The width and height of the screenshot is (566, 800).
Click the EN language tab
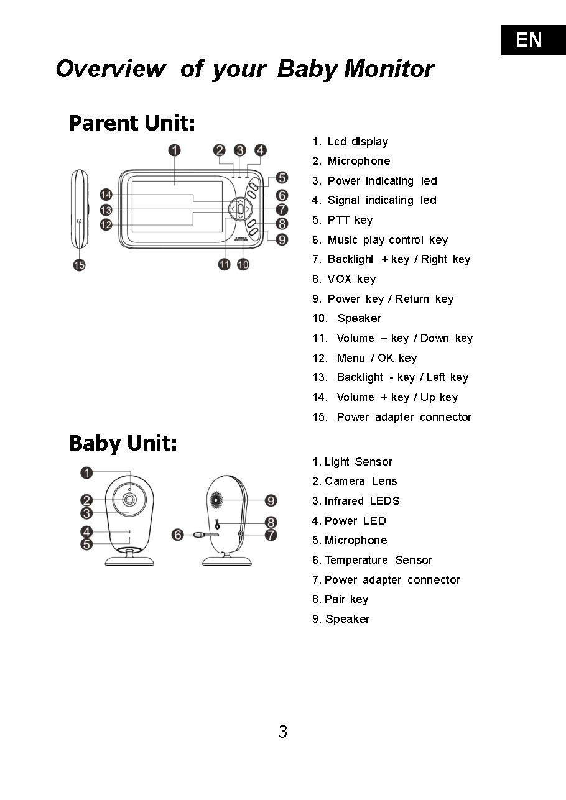529,40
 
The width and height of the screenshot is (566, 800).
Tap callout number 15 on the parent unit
80,265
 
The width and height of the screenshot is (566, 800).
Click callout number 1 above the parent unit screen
175,150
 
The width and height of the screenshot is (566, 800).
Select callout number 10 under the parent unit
243,264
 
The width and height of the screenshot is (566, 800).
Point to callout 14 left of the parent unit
106,195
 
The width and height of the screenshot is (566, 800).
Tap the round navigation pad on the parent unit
240,209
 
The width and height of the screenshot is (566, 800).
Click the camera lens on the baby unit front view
129,500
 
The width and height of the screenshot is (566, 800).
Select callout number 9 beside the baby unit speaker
271,500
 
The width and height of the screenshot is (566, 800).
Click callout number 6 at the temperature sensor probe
179,535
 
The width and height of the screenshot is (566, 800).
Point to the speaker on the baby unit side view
217,499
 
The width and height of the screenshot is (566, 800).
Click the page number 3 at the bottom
283,732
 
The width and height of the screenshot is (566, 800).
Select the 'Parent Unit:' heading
132,122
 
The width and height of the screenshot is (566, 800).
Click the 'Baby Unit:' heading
123,443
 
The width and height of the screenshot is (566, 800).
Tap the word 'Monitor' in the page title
389,68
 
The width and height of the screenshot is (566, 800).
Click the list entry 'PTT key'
350,220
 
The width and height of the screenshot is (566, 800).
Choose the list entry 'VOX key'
351,279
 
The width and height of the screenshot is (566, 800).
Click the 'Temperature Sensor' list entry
378,560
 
